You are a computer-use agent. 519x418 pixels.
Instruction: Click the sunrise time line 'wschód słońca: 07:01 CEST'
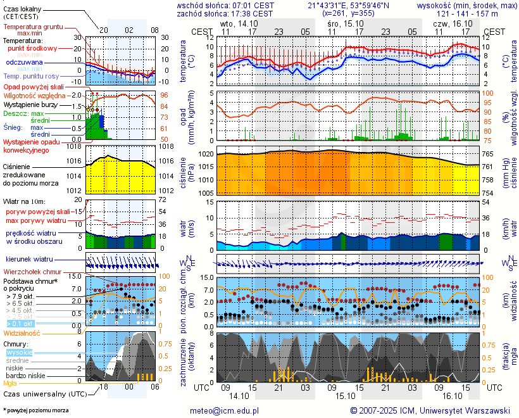tap(225, 5)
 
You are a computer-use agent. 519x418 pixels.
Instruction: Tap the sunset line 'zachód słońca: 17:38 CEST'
tap(225, 13)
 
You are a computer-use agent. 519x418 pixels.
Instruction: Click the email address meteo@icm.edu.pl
tap(225, 410)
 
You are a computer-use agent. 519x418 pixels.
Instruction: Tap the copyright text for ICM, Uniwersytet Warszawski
tap(430, 410)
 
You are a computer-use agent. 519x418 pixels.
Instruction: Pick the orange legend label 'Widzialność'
tap(22, 332)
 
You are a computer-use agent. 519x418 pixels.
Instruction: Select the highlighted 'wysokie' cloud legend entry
tap(20, 352)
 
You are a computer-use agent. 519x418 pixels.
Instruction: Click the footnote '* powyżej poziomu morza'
tap(35, 410)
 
